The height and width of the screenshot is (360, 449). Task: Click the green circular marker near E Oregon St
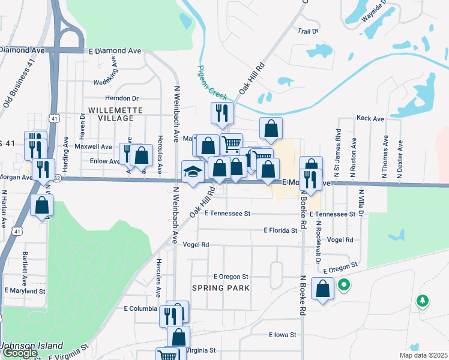343,286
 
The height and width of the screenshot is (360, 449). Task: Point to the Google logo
19,353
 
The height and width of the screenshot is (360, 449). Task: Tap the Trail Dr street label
307,30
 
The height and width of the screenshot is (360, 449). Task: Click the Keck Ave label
370,119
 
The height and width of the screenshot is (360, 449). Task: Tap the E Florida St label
280,230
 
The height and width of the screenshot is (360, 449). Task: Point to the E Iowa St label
283,335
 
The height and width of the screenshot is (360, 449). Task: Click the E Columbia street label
140,309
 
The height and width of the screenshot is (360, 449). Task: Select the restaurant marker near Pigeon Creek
222,113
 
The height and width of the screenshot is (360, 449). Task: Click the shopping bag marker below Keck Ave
271,127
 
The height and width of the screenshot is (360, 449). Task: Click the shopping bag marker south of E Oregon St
323,289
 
